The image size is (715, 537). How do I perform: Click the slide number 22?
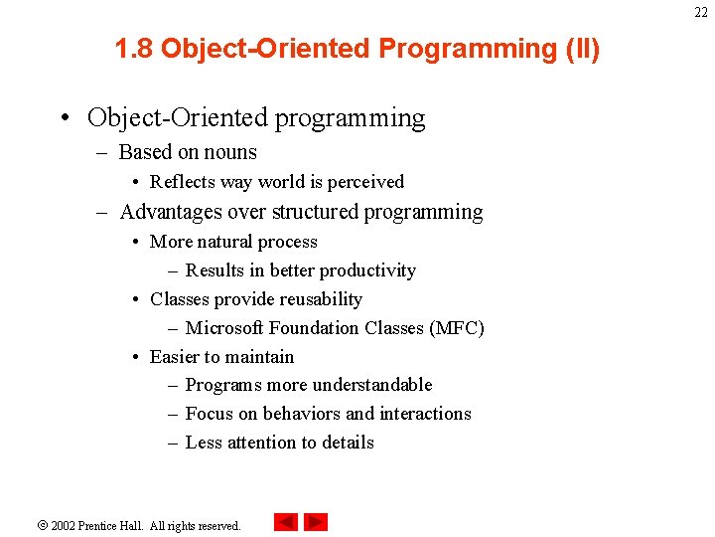[701, 12]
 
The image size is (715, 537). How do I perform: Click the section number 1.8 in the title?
[134, 49]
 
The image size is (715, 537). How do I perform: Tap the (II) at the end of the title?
[581, 49]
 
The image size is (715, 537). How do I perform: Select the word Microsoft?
[225, 328]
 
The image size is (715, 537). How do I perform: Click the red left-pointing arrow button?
[286, 522]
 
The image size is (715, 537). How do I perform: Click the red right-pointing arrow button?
[316, 522]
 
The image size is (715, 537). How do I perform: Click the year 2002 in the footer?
[64, 525]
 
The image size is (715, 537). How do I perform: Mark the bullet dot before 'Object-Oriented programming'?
[65, 119]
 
